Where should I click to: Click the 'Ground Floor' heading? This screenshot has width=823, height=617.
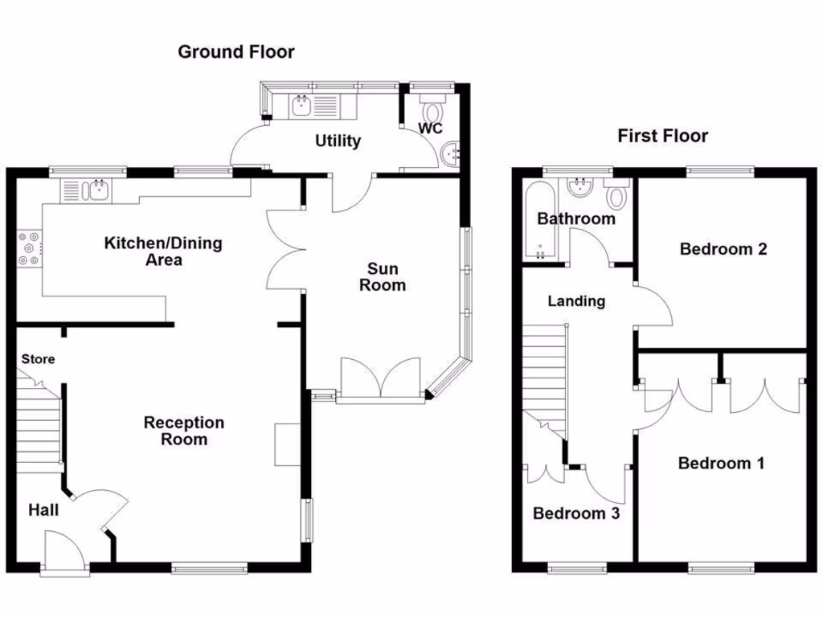pos(235,52)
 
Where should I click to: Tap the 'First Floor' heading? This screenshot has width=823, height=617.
pos(662,136)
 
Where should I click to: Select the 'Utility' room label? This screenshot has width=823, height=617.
pos(338,141)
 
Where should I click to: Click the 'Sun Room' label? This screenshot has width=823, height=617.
pos(383,276)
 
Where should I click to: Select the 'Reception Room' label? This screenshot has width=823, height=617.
pos(184,431)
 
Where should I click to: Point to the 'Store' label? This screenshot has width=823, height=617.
pos(38,359)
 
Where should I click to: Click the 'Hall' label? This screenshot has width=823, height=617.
pos(43,509)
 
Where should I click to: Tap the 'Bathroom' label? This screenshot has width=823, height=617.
pos(576,219)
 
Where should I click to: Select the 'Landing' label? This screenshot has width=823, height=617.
pos(576,301)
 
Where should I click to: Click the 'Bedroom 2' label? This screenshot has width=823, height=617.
pos(723,249)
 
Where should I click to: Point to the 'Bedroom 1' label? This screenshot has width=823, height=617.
pos(721,463)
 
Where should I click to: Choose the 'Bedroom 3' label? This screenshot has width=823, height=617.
pos(576,513)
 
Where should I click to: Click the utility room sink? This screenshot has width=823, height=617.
pos(302,105)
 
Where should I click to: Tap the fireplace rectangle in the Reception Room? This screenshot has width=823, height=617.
pos(287,443)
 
